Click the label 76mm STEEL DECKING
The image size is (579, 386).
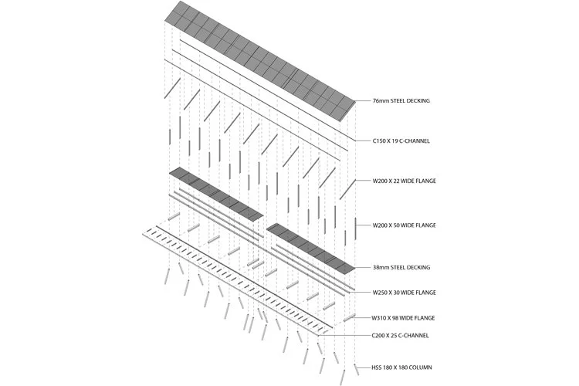point(401,101)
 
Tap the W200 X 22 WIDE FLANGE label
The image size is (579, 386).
point(404,181)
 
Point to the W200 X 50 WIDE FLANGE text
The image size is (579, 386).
point(404,225)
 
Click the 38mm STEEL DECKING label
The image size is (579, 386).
point(401,267)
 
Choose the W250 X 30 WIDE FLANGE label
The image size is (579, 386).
point(404,293)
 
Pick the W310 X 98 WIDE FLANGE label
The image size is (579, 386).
point(404,317)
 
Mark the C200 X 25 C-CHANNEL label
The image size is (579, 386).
point(401,335)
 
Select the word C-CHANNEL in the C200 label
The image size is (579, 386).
point(414,335)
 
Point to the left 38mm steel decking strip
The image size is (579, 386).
point(216,192)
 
